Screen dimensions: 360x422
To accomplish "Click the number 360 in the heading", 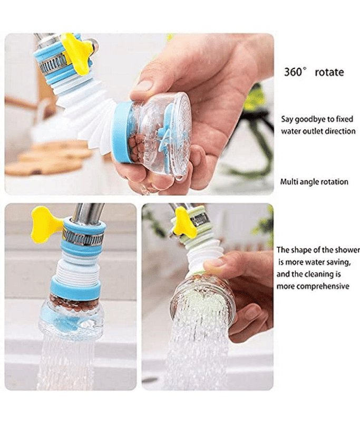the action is point(293,72).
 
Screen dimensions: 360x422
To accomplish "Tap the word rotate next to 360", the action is point(329,72).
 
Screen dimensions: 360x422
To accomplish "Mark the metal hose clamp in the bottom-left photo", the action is point(83,235).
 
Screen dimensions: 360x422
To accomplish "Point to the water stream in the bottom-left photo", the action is point(65,363).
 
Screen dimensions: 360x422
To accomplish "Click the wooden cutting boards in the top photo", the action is point(48,159).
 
